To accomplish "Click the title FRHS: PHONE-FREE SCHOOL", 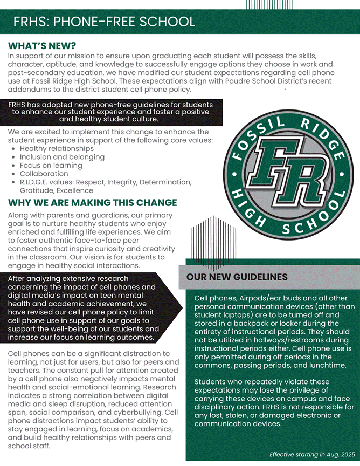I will pos(104,22).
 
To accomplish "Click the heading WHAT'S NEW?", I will pos(42,46).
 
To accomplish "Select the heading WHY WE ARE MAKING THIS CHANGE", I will pos(92,203).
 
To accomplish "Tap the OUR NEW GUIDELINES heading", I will pos(237,277).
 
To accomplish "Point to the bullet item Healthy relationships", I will pos(57,148).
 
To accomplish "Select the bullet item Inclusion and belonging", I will pos(62,157).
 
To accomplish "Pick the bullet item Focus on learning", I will pos(51,166).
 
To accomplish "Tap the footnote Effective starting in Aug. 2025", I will pos(312,454).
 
